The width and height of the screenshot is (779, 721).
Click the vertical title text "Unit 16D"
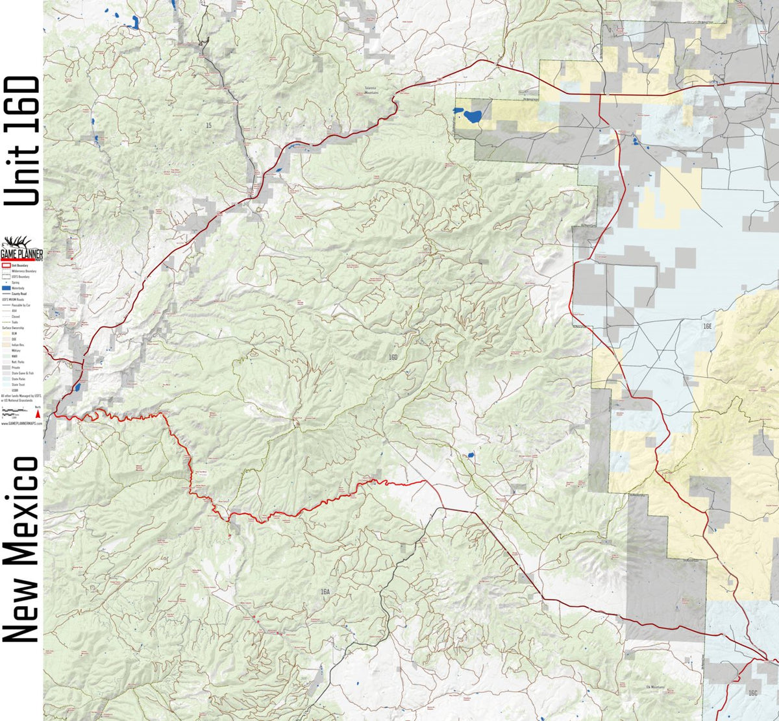pyautogui.click(x=22, y=141)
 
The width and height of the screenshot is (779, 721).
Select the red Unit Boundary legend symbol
pyautogui.click(x=6, y=265)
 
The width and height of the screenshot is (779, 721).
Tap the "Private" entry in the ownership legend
pyautogui.click(x=6, y=367)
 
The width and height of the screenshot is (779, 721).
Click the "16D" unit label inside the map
pyautogui.click(x=393, y=358)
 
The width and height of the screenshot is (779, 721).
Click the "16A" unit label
pyautogui.click(x=325, y=592)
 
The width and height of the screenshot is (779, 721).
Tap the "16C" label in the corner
pyautogui.click(x=752, y=693)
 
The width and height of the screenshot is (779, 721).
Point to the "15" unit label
pyautogui.click(x=208, y=125)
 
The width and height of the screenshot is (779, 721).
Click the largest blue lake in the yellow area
pyautogui.click(x=471, y=117)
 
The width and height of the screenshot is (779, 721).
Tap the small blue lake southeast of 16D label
pyautogui.click(x=470, y=456)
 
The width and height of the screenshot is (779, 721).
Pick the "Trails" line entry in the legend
pyautogui.click(x=6, y=322)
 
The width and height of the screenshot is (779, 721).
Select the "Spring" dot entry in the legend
pyautogui.click(x=6, y=282)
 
